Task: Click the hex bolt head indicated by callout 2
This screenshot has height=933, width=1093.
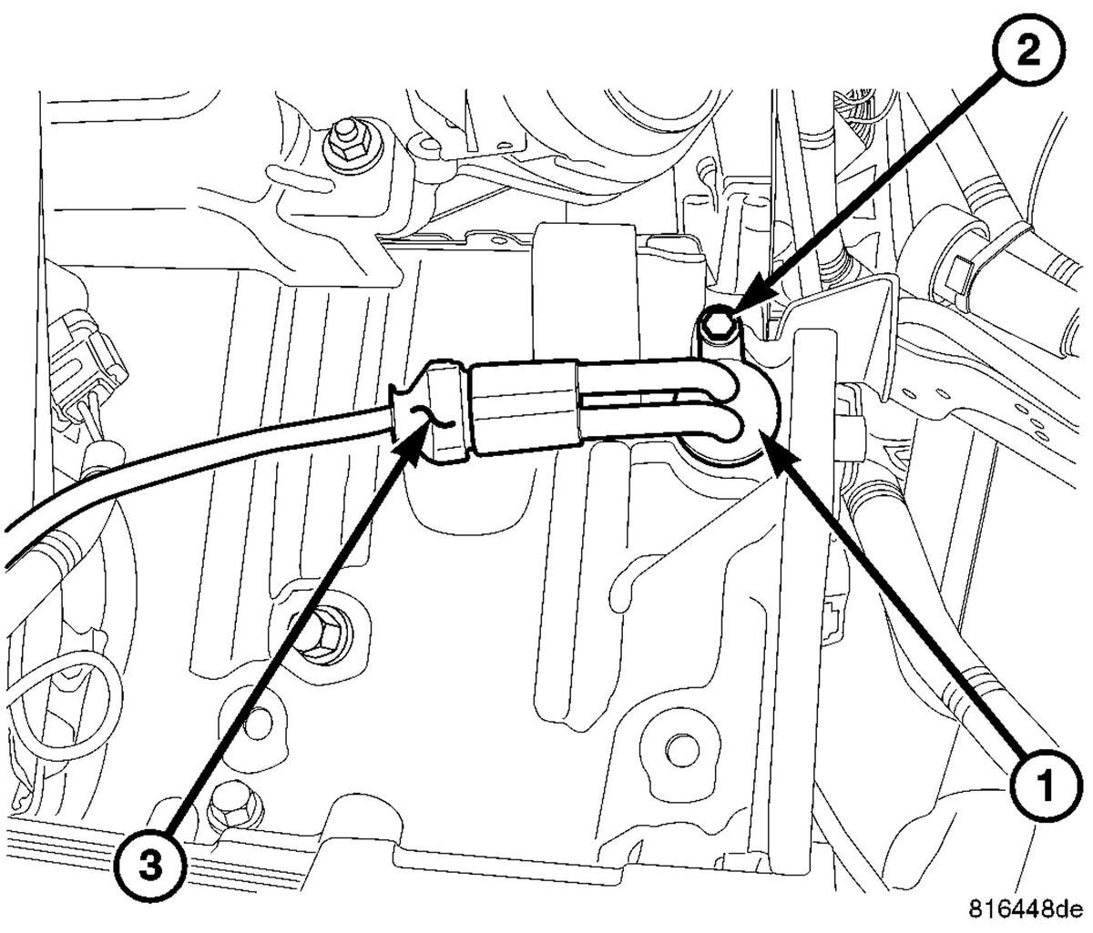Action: coord(716,323)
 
